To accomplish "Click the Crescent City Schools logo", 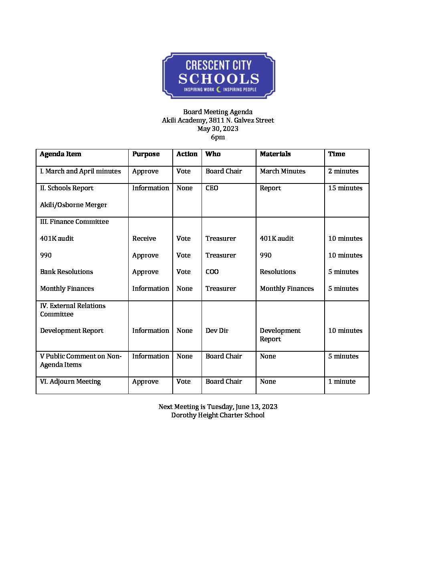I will pos(218,76).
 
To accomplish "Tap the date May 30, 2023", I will pos(218,129).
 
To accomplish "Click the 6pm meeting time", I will pos(218,137).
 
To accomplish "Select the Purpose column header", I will pos(146,154).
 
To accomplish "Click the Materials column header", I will pos(275,154).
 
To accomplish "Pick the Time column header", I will pos(336,154).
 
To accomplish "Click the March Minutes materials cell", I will pos(282,171).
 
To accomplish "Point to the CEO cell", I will pos(212,188).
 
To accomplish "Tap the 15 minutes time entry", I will pos(345,188).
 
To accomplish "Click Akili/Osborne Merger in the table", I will pos(73,205).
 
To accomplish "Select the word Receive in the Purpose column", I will pos(144,238).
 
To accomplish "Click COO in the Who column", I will pos(212,272).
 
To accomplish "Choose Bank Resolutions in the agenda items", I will pos(67,272).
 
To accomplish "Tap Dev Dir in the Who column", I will pos(217,330).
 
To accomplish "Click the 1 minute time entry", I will pos(341,381).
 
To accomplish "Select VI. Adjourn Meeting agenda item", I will pos(70,381).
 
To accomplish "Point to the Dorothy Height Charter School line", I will pos(218,415).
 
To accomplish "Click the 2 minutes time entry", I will pos(343,171).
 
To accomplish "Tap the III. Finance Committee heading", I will pos(74,222).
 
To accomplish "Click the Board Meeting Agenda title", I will pos(218,112).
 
